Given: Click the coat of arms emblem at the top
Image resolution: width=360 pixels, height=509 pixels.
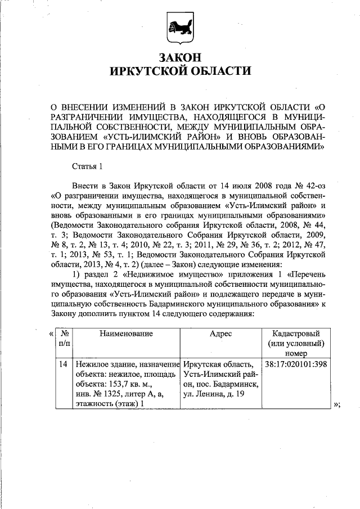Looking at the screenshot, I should click(x=179, y=26).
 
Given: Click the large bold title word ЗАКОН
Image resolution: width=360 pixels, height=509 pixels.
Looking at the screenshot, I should click(x=179, y=57).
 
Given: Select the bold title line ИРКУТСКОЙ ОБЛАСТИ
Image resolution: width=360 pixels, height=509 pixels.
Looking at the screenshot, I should click(x=179, y=71).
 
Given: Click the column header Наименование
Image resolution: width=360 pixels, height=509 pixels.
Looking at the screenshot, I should click(x=126, y=334).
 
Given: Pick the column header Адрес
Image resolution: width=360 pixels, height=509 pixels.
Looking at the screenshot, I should click(x=220, y=334).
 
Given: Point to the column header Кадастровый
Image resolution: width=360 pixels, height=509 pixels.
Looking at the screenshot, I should click(x=296, y=334).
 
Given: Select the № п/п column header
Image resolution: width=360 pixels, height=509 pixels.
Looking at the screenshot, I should click(x=64, y=339).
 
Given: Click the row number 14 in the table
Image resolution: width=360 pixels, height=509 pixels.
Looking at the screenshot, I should click(x=64, y=364).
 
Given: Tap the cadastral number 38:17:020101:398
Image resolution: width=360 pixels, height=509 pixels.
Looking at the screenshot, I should click(x=296, y=364).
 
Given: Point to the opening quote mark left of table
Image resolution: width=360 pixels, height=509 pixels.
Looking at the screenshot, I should click(x=52, y=334).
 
